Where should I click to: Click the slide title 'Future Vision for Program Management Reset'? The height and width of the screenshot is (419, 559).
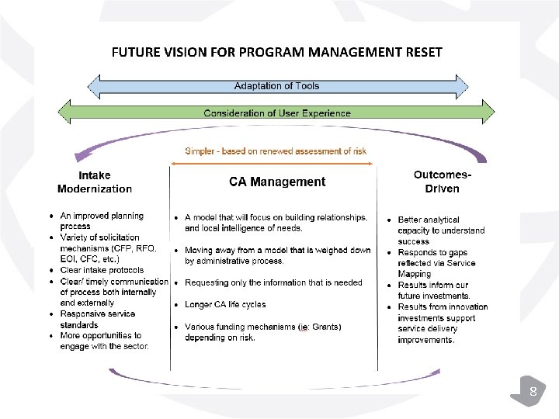pyautogui.click(x=277, y=53)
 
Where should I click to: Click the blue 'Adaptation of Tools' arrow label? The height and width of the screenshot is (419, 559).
pyautogui.click(x=277, y=86)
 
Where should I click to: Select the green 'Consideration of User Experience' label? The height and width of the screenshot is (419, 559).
pyautogui.click(x=277, y=113)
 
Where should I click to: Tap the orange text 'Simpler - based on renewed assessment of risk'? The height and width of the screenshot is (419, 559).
pyautogui.click(x=276, y=151)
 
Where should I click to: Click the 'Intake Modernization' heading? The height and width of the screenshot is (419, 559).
pyautogui.click(x=95, y=182)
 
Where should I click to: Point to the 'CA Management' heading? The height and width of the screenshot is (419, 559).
pyautogui.click(x=277, y=182)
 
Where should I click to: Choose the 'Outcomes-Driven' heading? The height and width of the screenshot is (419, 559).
pyautogui.click(x=443, y=182)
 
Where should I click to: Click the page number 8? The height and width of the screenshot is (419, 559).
pyautogui.click(x=533, y=392)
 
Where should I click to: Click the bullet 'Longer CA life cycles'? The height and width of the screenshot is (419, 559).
pyautogui.click(x=225, y=305)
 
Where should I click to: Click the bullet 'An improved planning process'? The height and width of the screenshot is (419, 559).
pyautogui.click(x=102, y=221)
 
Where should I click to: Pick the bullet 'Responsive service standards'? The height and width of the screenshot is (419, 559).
pyautogui.click(x=97, y=319)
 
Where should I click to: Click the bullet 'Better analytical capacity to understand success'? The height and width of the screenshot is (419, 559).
pyautogui.click(x=441, y=230)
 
